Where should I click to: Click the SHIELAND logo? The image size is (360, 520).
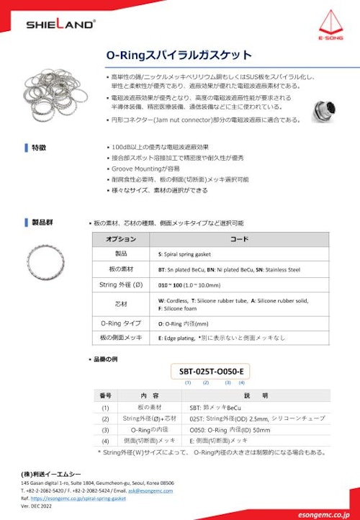coord(60,24)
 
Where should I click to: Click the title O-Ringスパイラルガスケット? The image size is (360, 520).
coord(179,55)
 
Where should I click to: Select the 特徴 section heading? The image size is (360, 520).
coord(37,147)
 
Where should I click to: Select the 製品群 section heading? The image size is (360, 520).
coord(40,224)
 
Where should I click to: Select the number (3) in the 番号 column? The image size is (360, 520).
coord(105,429)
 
